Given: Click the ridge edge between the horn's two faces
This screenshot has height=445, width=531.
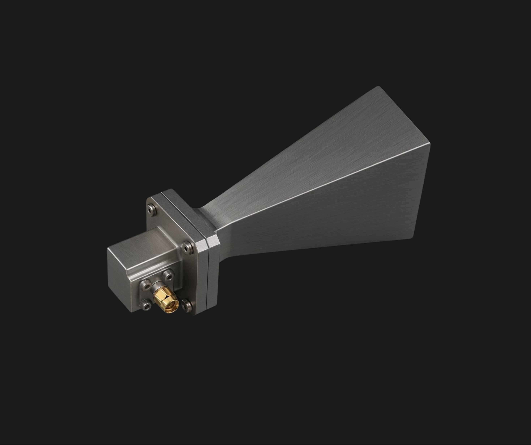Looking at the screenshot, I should pos(329,181).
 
